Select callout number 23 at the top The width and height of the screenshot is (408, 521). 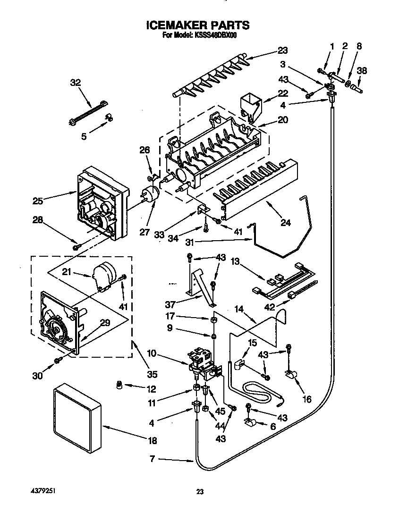(x=282, y=50)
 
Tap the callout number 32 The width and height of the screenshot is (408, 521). (x=75, y=83)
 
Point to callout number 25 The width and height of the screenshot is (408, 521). (x=38, y=201)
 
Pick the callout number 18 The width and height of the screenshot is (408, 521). (x=152, y=441)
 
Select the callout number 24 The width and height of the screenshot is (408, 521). (x=285, y=223)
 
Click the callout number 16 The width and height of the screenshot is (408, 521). (x=307, y=399)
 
